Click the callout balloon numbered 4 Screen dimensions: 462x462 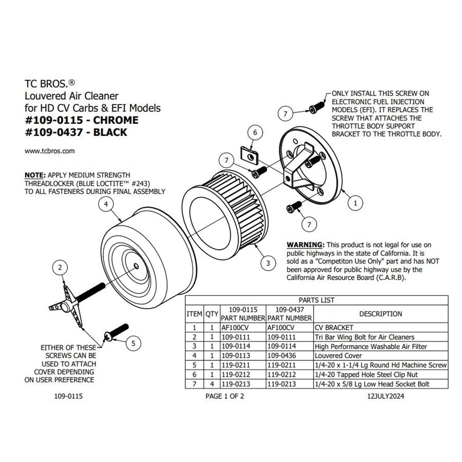click(x=105, y=204)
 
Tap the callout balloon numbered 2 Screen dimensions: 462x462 click(x=61, y=267)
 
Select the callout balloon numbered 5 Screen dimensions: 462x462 click(x=133, y=343)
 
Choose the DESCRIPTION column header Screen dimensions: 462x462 click(x=380, y=314)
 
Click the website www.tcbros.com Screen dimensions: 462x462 click(x=50, y=151)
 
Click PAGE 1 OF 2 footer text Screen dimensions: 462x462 click(x=224, y=397)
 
